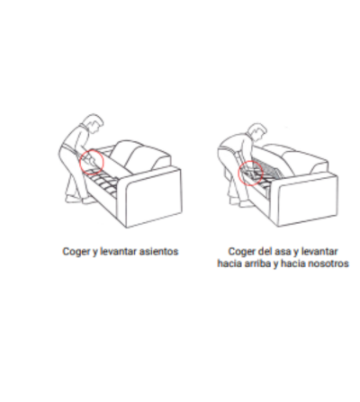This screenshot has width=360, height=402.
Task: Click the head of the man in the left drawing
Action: pos(94,122)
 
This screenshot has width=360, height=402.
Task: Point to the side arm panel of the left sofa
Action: pos(155,198)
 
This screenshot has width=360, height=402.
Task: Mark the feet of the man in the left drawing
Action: pos(79,200)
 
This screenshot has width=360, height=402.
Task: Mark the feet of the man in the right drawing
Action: pos(241,201)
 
